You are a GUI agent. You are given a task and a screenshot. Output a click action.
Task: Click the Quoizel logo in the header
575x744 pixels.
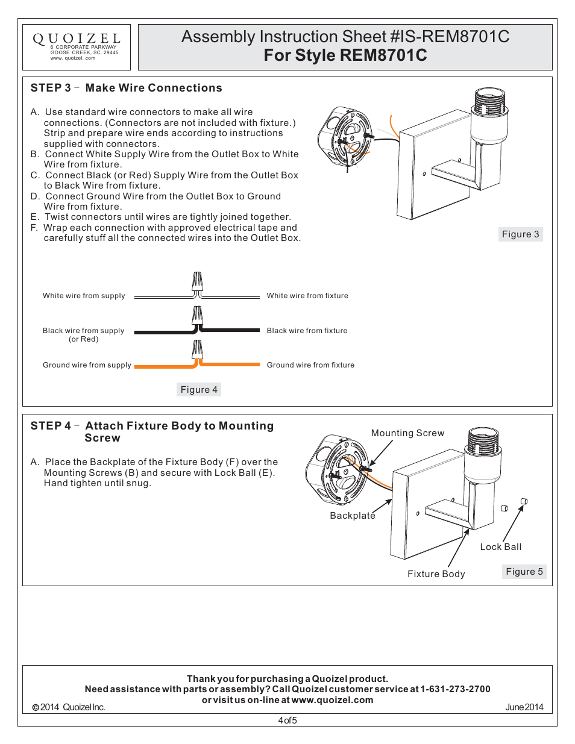coord(76,40)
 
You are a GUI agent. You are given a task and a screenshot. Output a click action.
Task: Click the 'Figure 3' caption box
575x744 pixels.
coord(520,234)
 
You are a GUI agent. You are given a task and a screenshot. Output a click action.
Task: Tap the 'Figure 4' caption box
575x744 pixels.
coord(199,390)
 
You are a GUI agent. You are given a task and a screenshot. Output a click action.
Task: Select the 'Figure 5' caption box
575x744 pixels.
coord(524,572)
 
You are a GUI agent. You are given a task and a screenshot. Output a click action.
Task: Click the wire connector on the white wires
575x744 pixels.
coord(197,283)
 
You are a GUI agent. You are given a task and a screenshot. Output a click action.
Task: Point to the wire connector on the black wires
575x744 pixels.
coord(197,317)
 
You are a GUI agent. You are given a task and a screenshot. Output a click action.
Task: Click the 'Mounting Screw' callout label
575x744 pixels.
coord(407,433)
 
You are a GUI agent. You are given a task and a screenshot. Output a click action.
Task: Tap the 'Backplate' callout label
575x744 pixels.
coord(352,516)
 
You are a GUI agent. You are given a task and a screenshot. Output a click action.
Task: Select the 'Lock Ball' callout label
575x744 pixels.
coord(500,547)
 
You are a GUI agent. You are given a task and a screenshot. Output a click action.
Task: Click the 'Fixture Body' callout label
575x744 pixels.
coord(436,574)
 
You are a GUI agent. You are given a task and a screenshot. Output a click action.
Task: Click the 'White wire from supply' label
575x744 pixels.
coord(84,296)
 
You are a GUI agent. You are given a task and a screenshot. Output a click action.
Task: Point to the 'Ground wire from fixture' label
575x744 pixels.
coord(310,365)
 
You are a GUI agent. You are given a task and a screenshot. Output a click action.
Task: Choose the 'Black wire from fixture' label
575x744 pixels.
coord(307,331)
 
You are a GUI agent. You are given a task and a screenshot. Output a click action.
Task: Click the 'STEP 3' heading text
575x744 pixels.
coord(51,88)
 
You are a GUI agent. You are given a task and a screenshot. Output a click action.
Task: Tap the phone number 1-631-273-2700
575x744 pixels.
coord(455,689)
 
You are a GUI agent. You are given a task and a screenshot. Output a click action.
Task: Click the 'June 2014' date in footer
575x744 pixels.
coord(524,707)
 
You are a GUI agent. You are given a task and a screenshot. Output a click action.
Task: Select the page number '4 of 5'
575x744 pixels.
coord(287,721)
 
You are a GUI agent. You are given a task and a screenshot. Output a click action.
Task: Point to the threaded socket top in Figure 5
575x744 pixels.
coord(484,439)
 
